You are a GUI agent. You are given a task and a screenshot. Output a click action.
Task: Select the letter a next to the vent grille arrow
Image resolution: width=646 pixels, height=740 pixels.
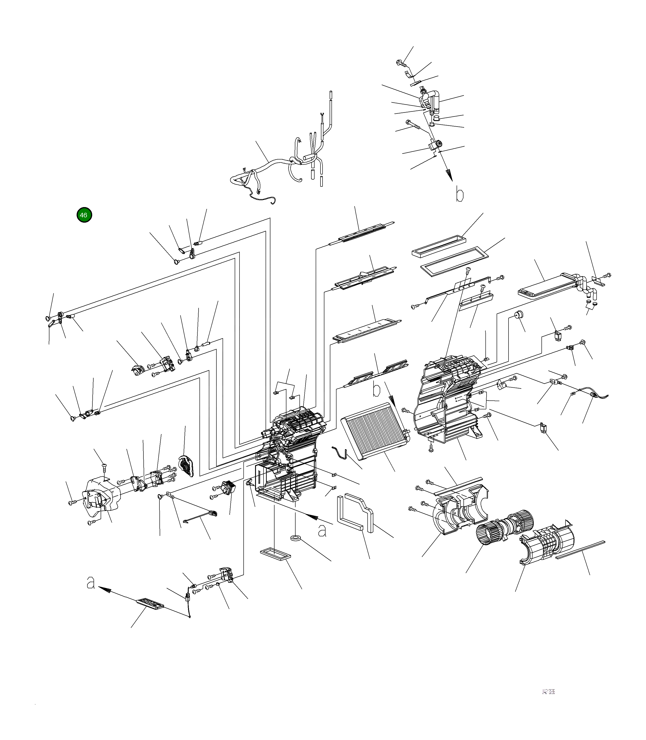click(91, 582)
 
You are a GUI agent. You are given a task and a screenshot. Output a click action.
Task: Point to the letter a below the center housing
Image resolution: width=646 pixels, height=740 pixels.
click(322, 530)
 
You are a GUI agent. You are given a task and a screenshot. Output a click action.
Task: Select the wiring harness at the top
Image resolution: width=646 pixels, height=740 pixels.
click(274, 166)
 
